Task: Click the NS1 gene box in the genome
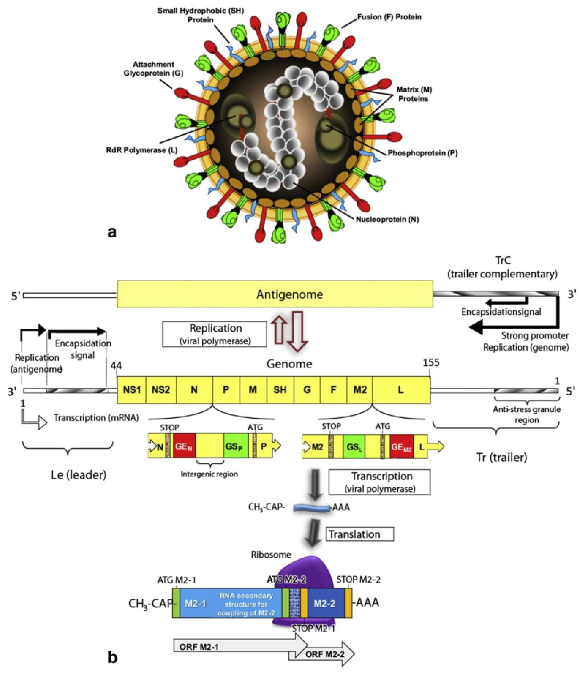(x=131, y=390)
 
